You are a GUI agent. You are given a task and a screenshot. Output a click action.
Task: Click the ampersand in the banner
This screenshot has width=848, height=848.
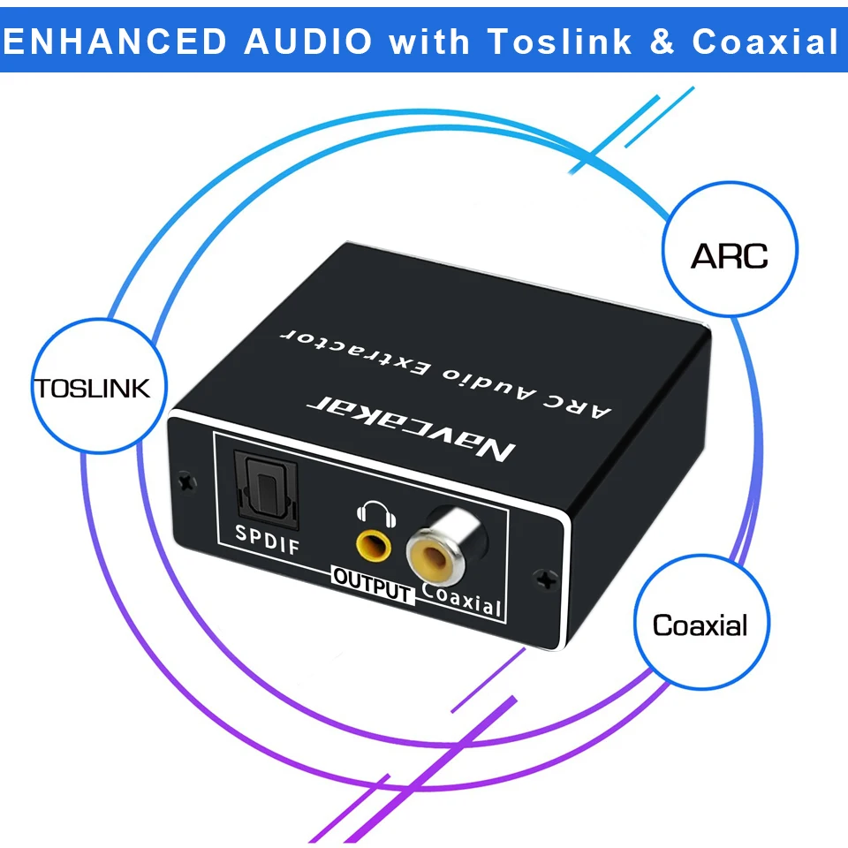click(x=662, y=41)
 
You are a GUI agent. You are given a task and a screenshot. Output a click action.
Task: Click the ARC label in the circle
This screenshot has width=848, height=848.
click(x=729, y=255)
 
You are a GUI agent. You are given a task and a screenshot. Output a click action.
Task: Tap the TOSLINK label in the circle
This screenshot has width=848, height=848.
click(x=92, y=389)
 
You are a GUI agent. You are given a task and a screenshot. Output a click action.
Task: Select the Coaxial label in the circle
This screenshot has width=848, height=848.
click(x=700, y=626)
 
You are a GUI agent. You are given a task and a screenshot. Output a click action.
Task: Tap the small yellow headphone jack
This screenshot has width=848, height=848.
click(x=373, y=546)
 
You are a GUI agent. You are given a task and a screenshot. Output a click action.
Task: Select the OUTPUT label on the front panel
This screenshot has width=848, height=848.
click(x=372, y=584)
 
